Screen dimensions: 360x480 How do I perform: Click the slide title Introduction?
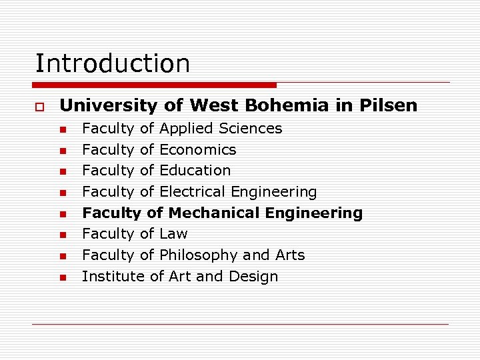click(x=113, y=63)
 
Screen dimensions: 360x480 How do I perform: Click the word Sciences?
click(x=250, y=128)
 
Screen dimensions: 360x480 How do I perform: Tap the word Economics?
click(x=198, y=149)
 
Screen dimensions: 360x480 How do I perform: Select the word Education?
click(x=195, y=170)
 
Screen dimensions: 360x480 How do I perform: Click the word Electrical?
click(x=193, y=191)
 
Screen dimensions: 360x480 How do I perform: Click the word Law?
click(x=174, y=234)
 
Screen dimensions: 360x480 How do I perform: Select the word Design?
click(x=254, y=276)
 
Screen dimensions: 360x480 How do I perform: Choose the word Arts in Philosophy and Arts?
click(x=288, y=255)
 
